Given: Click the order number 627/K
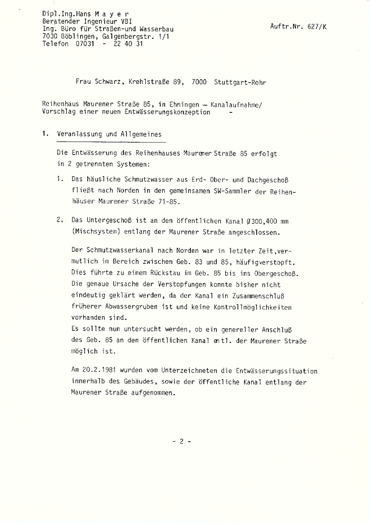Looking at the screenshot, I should click(317, 27).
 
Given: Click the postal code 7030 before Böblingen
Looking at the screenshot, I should click(50, 36).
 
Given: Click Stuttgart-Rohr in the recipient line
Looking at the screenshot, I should click(240, 82).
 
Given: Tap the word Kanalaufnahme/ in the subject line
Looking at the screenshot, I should click(235, 104).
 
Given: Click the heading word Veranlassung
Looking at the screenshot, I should click(79, 134).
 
